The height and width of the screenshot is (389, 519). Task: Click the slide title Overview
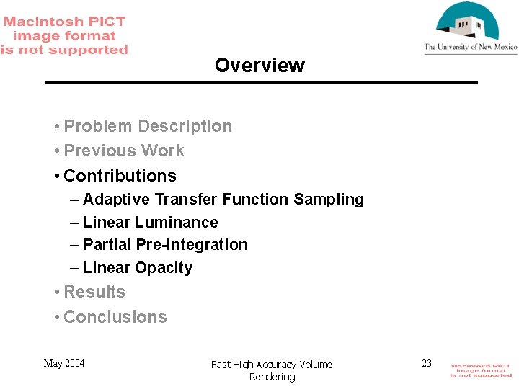tap(259, 66)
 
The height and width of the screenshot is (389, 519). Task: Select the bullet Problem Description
tap(148, 126)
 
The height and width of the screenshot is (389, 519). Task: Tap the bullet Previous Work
tap(124, 151)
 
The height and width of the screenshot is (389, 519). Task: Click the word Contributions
tap(120, 176)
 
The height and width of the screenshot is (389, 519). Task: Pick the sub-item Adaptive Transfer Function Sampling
tap(223, 199)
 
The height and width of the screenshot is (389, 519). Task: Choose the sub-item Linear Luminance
tap(150, 223)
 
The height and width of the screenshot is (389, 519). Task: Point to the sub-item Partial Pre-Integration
tap(165, 245)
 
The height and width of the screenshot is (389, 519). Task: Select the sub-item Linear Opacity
tap(138, 268)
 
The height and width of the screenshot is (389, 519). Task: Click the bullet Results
tap(94, 292)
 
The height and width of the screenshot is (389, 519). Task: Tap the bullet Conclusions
tap(115, 317)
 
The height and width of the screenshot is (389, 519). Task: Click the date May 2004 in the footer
tap(64, 363)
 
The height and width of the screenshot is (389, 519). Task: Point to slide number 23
tap(427, 363)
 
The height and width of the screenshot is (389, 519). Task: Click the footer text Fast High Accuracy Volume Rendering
tap(272, 370)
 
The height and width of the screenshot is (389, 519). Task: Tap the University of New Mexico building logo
tap(469, 23)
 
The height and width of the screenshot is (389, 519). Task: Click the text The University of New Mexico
tap(471, 48)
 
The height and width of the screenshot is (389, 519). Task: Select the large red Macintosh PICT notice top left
tap(64, 35)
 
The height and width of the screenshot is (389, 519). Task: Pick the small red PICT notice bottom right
tap(481, 370)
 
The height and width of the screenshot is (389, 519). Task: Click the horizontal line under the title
tap(261, 83)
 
